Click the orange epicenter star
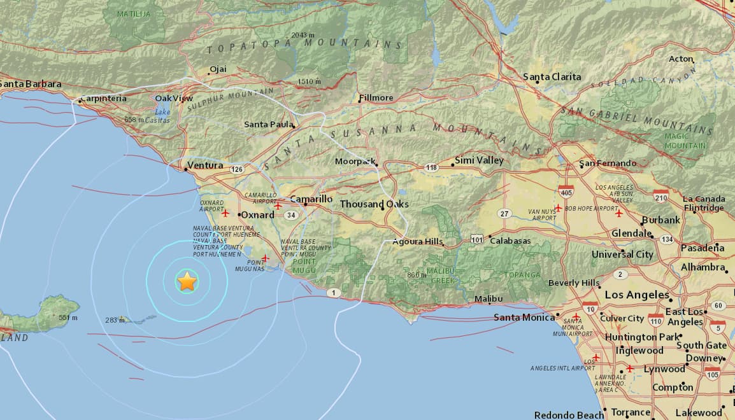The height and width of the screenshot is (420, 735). point(187,281)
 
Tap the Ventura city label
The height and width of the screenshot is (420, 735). point(204,165)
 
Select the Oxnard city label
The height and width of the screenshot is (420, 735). point(257,215)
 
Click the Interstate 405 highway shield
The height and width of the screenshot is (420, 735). point(565,190)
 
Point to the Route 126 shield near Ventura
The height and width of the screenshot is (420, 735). point(238,169)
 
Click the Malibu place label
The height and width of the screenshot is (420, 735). point(489,299)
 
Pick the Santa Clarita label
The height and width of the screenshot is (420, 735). point(552,77)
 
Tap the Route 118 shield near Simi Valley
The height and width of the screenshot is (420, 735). point(432,167)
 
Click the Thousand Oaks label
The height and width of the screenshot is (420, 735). point(374,204)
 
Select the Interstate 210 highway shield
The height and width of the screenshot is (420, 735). point(660,197)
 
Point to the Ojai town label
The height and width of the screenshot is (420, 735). point(218,69)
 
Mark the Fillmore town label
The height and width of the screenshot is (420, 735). point(376,98)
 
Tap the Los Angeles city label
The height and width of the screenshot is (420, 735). point(637,295)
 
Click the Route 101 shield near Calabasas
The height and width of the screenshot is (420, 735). point(476,239)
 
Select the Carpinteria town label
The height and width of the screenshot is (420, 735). point(103,99)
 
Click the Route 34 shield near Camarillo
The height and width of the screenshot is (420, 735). point(291,215)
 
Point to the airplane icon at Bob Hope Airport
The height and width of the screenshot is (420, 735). point(558,208)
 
